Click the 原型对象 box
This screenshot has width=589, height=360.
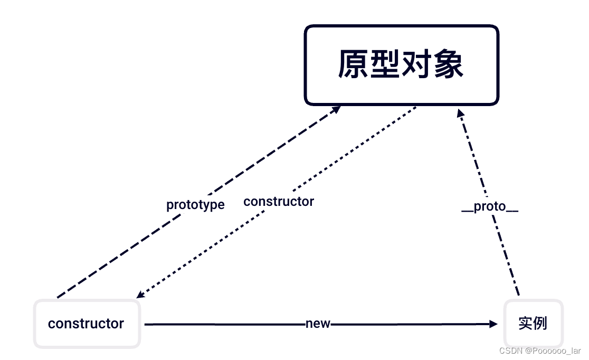(401, 65)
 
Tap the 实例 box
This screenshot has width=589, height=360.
(533, 324)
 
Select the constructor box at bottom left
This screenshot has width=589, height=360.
(87, 324)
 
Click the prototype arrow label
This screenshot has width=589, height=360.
(195, 205)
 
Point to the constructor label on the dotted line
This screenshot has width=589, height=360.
(279, 202)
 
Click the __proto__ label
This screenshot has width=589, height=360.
(490, 207)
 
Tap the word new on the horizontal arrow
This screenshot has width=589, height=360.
(318, 324)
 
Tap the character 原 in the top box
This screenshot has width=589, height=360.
(353, 65)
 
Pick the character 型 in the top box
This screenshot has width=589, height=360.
(385, 65)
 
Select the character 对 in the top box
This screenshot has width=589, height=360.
(417, 65)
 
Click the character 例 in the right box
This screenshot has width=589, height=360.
(540, 324)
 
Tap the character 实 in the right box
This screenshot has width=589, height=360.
(526, 324)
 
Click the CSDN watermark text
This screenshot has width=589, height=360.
(509, 351)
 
